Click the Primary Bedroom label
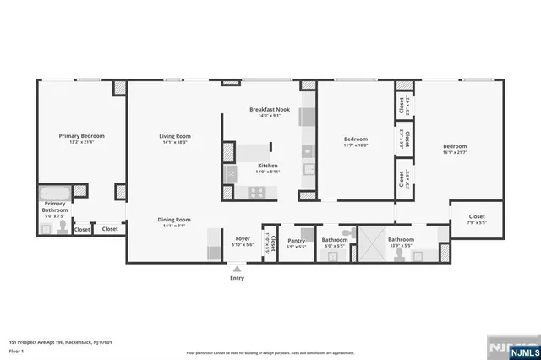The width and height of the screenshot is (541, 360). click(81, 135)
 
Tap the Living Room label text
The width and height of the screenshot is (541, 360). click(176, 135)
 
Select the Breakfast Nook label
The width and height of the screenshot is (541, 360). click(270, 110)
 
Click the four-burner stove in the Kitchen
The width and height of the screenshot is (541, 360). click(256, 192)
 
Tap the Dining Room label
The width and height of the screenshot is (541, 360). click(175, 220)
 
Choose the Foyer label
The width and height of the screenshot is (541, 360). click(243, 239)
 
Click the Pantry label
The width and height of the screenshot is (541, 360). click(296, 239)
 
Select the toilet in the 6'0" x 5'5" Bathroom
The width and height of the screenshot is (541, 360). click(344, 232)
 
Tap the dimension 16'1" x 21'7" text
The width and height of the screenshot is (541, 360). click(455, 152)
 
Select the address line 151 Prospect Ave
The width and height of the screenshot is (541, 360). click(57, 341)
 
